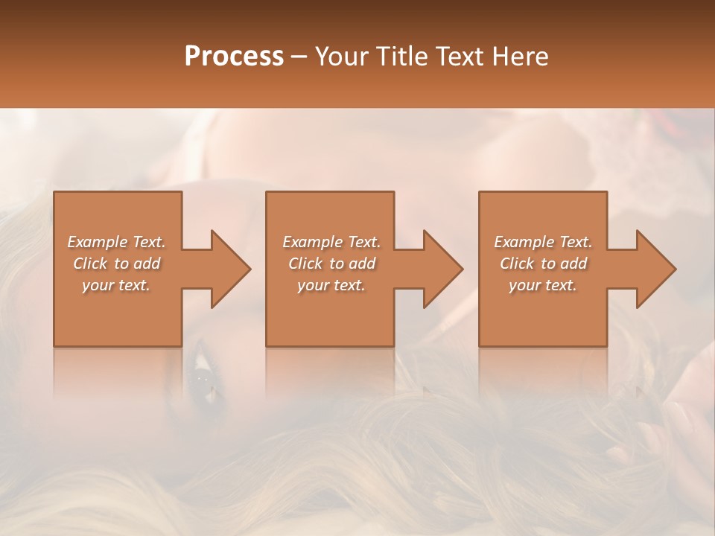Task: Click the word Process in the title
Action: pos(234,56)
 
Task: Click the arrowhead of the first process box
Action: pos(227,269)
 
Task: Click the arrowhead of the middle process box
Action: pos(439,269)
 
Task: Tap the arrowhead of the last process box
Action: pos(652,269)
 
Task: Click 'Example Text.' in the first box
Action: pos(117,242)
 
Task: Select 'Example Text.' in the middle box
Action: pos(331,242)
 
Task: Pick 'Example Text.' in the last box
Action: pos(543,242)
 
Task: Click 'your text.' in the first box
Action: pos(116,285)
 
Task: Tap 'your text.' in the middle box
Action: pos(331,285)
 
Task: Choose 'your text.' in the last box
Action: pos(543,285)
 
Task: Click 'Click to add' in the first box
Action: pos(117,264)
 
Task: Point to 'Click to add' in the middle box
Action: pos(331,264)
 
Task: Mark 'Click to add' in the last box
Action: pos(544,264)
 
